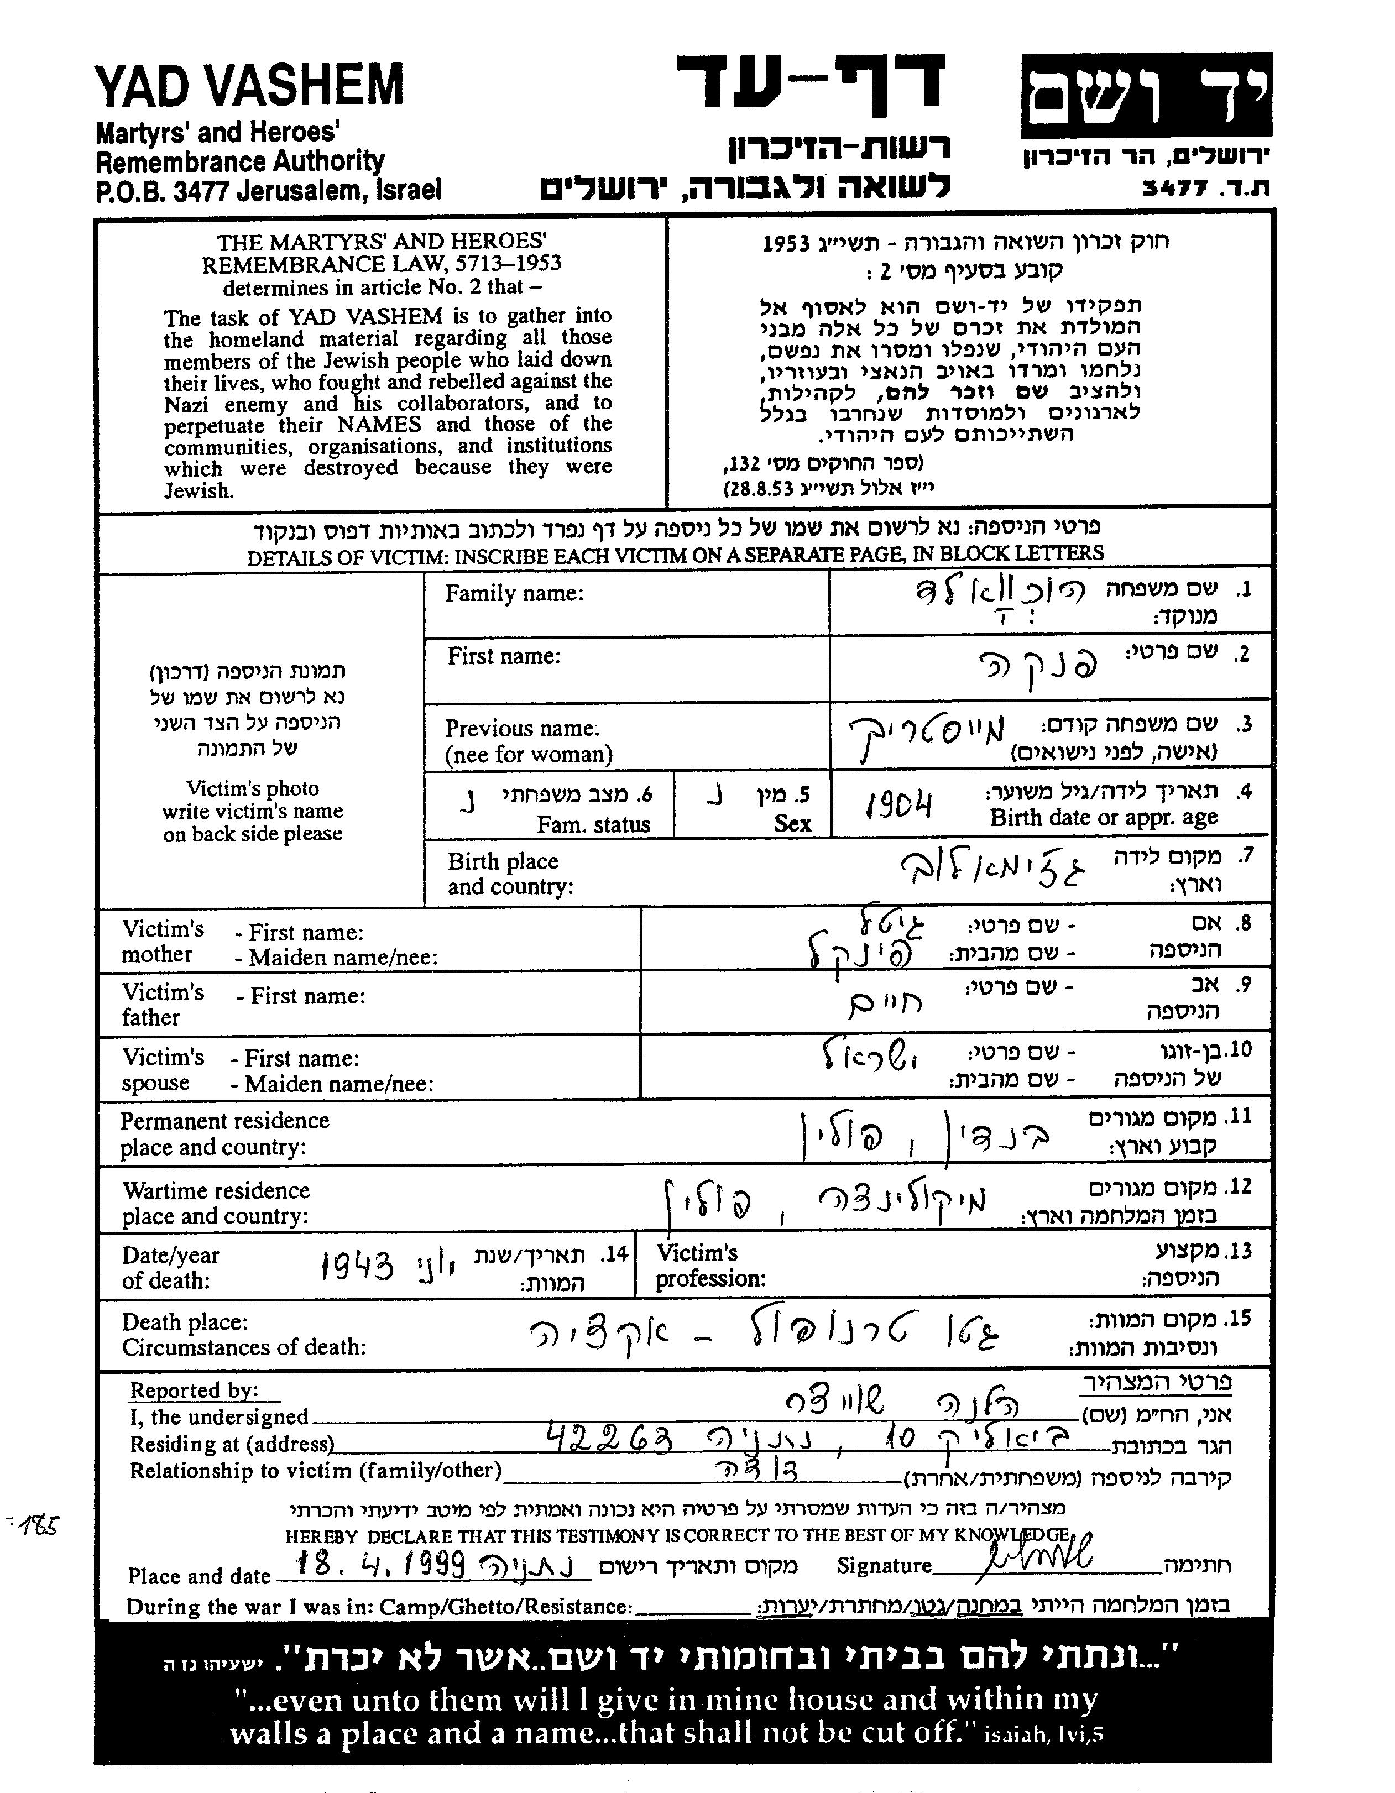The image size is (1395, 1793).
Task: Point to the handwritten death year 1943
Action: coord(357,1267)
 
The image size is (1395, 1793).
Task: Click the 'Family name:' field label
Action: coord(514,594)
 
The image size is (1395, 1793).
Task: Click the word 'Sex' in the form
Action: coord(792,823)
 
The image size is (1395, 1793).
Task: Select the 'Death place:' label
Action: coord(185,1322)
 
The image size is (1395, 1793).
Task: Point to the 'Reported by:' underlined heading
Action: coord(195,1390)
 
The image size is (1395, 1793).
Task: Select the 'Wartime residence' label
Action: coord(216,1190)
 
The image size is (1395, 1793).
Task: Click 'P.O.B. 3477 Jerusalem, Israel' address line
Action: coord(269,190)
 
